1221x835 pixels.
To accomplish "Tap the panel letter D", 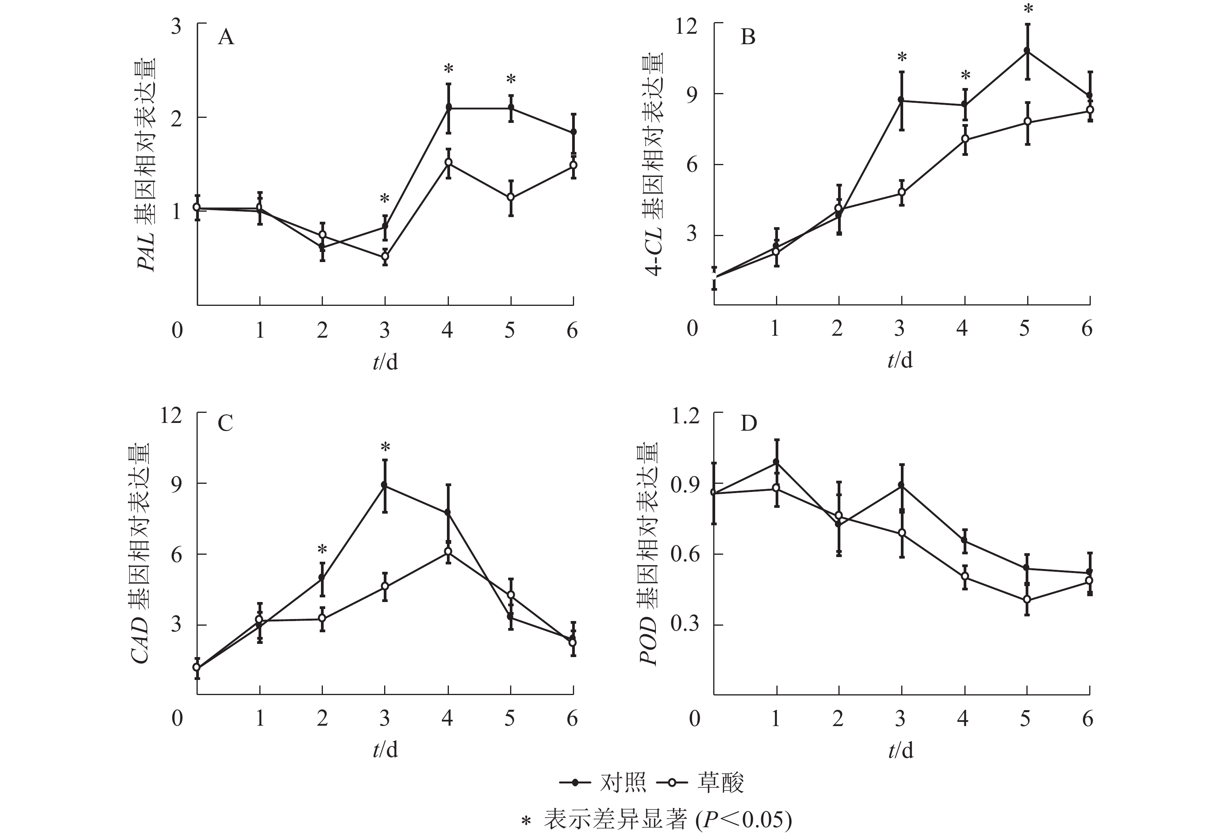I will click(x=748, y=423).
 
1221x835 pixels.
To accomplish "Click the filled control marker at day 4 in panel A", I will click(x=449, y=107).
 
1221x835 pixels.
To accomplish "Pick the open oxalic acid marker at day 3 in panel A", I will click(x=385, y=257).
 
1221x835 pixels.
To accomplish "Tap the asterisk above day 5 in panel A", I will click(x=510, y=80).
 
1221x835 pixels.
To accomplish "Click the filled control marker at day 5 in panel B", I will click(x=1027, y=51).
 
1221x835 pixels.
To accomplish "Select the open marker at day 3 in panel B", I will click(x=902, y=192).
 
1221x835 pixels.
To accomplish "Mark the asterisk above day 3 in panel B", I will click(x=902, y=57).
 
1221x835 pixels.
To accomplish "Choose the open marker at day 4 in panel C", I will click(x=448, y=551).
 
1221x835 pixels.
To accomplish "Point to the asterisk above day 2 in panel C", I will click(x=322, y=550).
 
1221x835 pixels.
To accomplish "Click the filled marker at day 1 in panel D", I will click(x=776, y=462).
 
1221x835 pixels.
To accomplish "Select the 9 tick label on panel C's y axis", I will click(x=176, y=484).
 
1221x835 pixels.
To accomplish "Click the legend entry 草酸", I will click(x=720, y=782).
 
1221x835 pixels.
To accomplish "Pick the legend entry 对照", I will click(x=623, y=782).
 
